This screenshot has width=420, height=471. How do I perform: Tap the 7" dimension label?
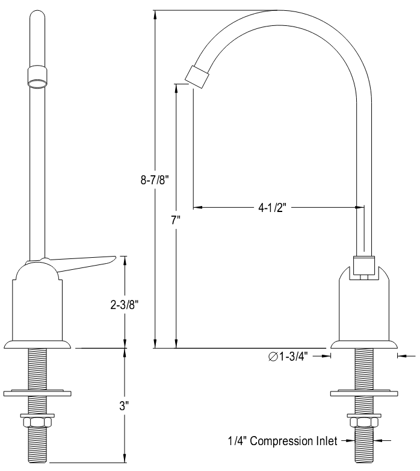(176, 220)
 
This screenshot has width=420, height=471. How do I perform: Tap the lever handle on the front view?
(84, 261)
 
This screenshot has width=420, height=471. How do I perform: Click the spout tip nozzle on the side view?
(197, 76)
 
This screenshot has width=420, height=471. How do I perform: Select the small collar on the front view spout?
(38, 77)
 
